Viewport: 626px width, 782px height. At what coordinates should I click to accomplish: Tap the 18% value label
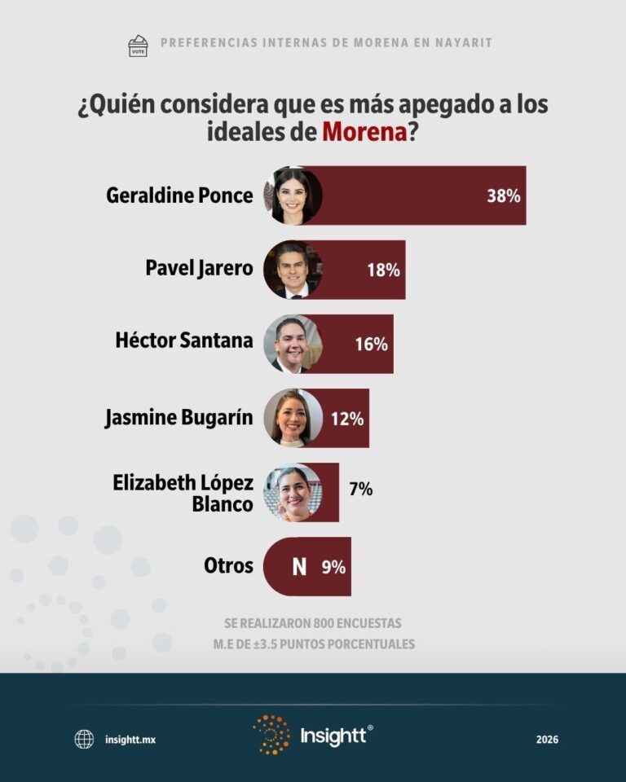pyautogui.click(x=383, y=270)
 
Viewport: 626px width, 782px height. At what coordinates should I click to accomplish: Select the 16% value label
pyautogui.click(x=371, y=344)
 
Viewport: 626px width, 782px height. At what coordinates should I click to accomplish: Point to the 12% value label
pyautogui.click(x=347, y=419)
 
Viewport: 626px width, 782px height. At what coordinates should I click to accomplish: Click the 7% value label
pyautogui.click(x=360, y=490)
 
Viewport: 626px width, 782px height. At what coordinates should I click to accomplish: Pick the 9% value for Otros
pyautogui.click(x=333, y=567)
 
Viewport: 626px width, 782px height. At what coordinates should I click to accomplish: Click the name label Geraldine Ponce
pyautogui.click(x=179, y=195)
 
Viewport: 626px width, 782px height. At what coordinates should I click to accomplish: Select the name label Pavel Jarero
pyautogui.click(x=199, y=268)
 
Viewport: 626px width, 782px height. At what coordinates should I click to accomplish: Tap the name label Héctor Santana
pyautogui.click(x=184, y=340)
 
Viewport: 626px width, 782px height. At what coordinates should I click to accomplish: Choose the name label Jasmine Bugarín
pyautogui.click(x=179, y=418)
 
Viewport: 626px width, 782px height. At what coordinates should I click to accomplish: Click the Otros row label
pyautogui.click(x=227, y=565)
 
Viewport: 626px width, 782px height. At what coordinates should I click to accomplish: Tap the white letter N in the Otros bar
pyautogui.click(x=299, y=567)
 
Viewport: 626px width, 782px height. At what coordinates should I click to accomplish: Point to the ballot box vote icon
pyautogui.click(x=139, y=45)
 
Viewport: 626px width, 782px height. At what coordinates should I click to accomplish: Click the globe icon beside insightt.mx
pyautogui.click(x=84, y=739)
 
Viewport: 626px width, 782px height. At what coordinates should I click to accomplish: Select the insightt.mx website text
pyautogui.click(x=130, y=740)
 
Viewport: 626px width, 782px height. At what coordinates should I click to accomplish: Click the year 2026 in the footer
pyautogui.click(x=547, y=740)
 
